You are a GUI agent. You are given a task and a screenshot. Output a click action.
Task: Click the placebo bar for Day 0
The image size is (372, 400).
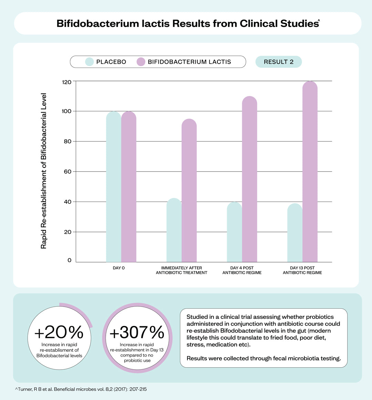(x=113, y=188)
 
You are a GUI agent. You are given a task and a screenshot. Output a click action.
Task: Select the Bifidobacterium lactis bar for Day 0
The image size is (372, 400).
(x=129, y=188)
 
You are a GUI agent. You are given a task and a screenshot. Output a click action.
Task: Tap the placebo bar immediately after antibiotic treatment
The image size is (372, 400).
(x=174, y=231)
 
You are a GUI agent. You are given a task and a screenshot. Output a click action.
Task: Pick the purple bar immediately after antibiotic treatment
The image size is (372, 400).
(x=189, y=191)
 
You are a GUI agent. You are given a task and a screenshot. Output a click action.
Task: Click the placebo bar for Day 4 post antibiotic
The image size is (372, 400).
(x=234, y=233)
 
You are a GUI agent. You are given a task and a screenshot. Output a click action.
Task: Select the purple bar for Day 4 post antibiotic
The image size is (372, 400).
(x=249, y=179)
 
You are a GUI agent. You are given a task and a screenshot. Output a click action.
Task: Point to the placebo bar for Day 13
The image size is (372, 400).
(x=295, y=234)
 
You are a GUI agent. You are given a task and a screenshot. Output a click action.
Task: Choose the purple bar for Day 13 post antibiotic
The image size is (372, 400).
(x=310, y=172)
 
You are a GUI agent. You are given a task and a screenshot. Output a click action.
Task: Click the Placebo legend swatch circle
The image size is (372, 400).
(x=90, y=62)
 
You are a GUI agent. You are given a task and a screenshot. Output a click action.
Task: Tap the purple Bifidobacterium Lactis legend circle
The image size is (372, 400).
(x=141, y=62)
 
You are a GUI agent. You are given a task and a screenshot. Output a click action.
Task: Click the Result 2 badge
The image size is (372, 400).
(x=279, y=62)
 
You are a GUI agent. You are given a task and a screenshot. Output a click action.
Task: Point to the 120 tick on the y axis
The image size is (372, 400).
(x=67, y=82)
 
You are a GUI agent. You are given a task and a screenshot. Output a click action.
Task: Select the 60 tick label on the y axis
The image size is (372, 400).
(x=68, y=172)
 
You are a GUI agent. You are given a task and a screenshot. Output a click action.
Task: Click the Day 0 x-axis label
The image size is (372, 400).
(x=119, y=268)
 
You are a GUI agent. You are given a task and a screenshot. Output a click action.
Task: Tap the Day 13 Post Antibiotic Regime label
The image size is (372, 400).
(x=302, y=270)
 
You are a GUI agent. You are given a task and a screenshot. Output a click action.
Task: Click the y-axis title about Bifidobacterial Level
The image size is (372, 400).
(x=44, y=171)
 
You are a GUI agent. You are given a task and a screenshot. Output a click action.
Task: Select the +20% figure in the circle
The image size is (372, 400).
(x=59, y=332)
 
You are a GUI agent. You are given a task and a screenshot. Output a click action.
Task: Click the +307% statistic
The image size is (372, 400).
(x=137, y=332)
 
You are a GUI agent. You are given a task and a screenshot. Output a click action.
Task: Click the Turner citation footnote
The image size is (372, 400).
(x=81, y=389)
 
